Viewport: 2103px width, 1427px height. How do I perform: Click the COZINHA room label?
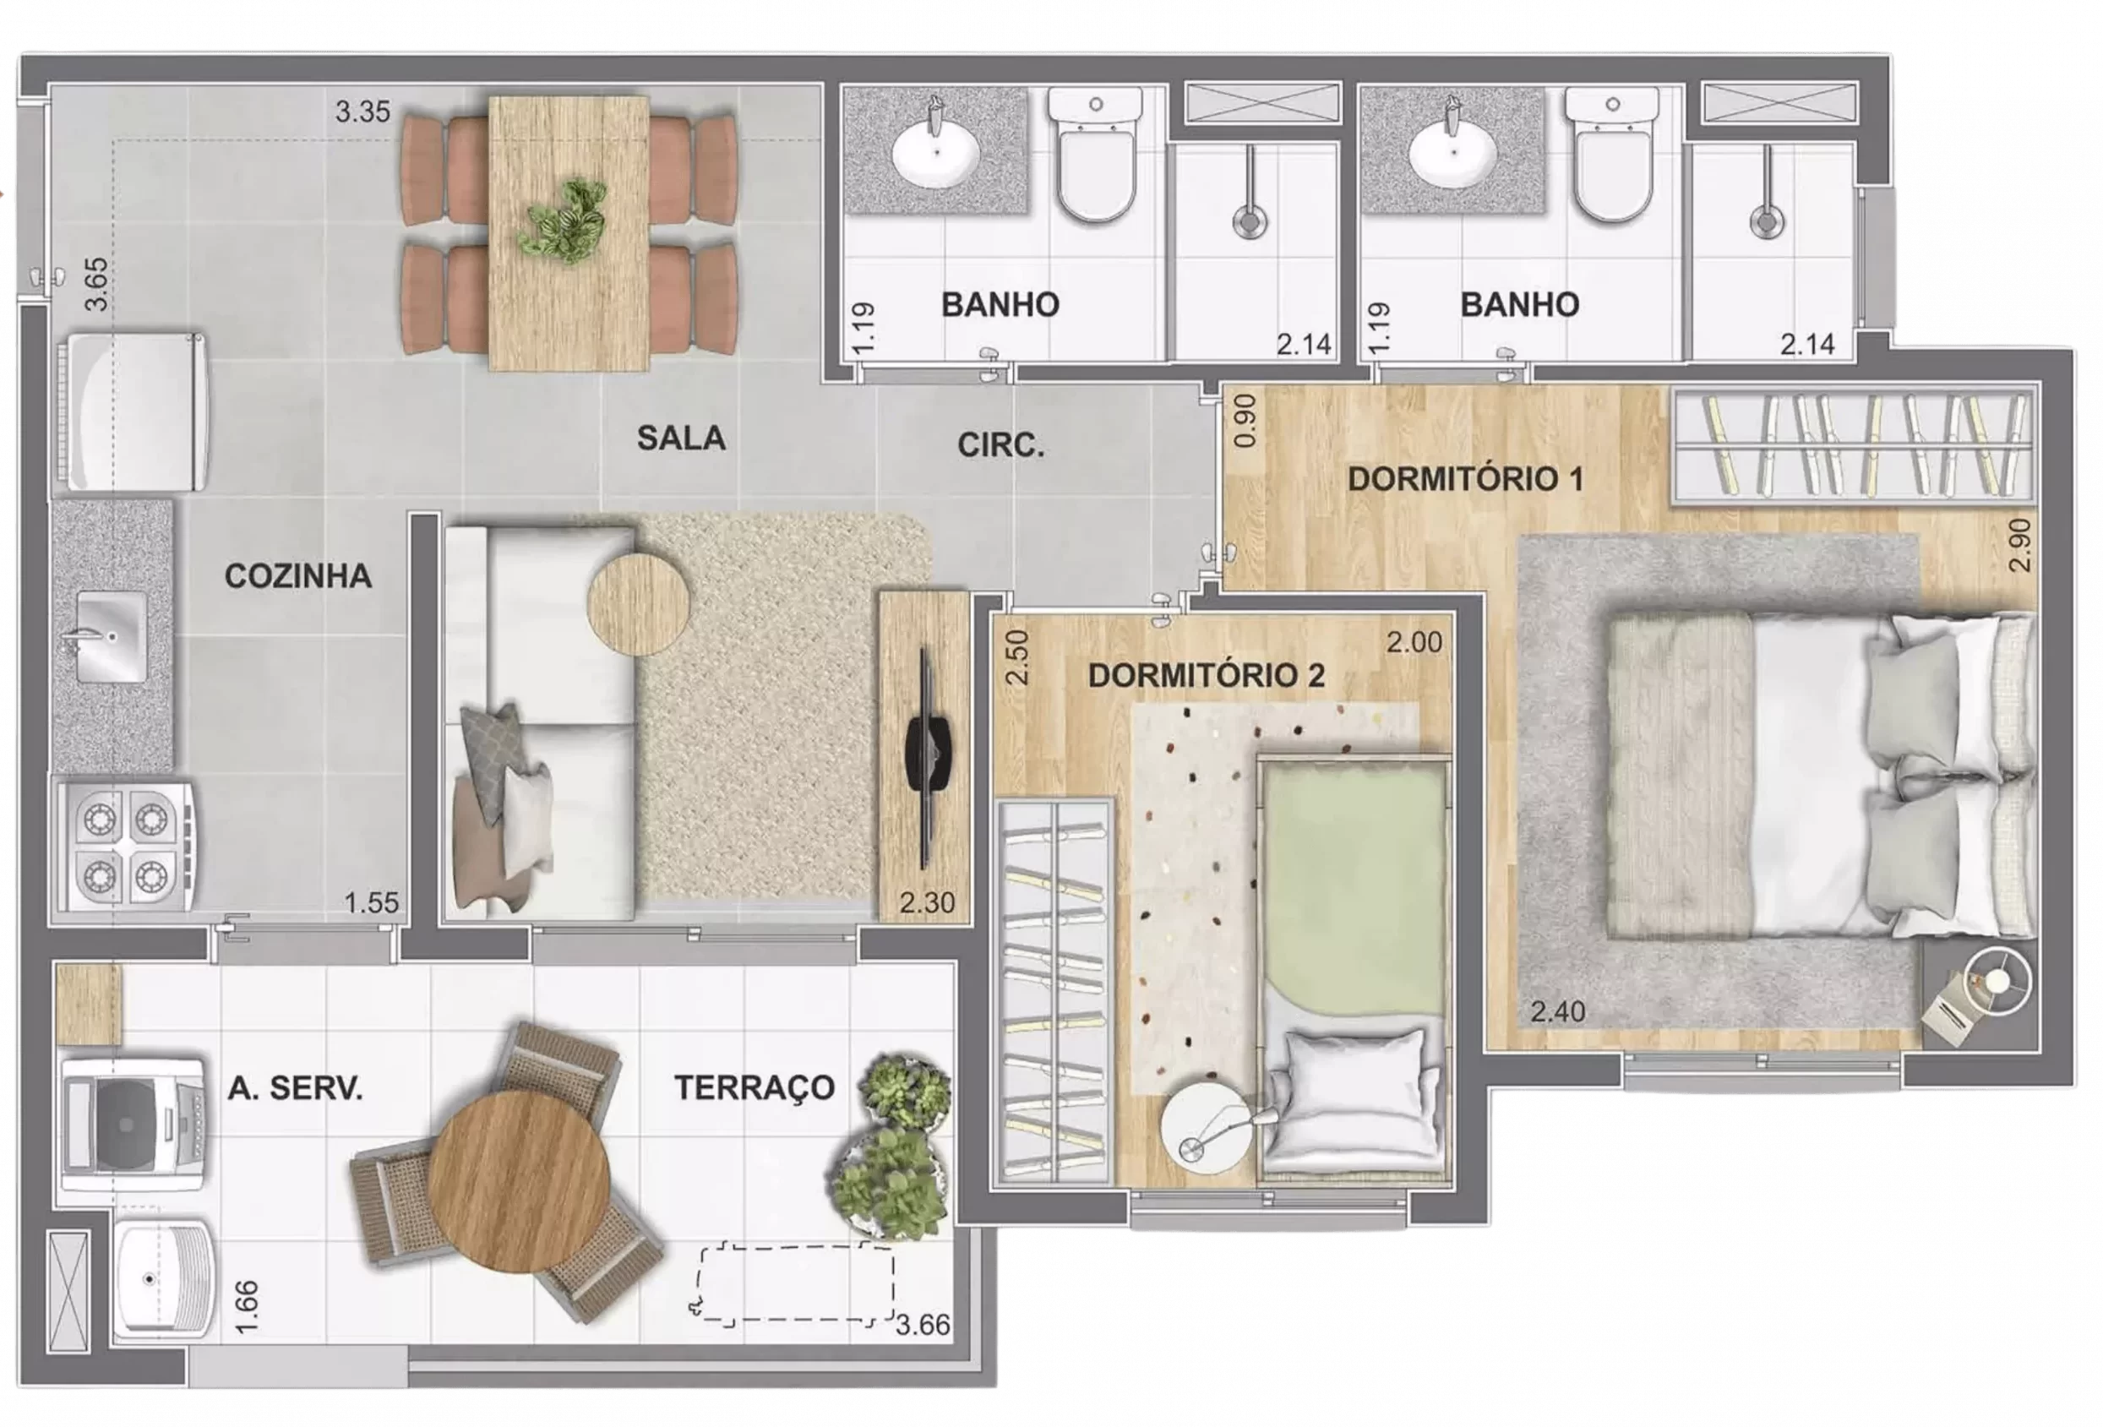click(297, 576)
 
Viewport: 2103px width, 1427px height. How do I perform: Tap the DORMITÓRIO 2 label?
click(1207, 675)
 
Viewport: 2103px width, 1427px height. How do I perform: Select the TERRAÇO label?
click(755, 1087)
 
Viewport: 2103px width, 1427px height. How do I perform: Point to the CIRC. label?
click(1001, 445)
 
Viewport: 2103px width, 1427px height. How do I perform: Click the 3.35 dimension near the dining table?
click(362, 112)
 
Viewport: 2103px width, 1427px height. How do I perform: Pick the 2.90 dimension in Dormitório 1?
click(2019, 545)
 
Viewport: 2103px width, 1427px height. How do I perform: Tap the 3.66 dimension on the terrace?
click(923, 1325)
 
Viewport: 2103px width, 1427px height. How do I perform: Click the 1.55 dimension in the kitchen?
click(371, 902)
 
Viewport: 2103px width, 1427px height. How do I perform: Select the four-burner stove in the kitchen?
click(125, 846)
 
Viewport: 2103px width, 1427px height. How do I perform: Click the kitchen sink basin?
click(112, 636)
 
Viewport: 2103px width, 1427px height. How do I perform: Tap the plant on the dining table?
click(562, 220)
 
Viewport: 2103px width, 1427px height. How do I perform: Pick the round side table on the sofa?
click(638, 603)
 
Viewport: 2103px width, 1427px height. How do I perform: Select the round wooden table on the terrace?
click(519, 1181)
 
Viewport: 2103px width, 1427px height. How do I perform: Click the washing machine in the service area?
click(133, 1125)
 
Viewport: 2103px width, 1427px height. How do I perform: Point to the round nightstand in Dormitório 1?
click(1997, 981)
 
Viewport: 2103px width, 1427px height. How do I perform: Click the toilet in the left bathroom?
click(1095, 155)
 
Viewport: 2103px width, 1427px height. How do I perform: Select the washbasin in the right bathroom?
click(1452, 152)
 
